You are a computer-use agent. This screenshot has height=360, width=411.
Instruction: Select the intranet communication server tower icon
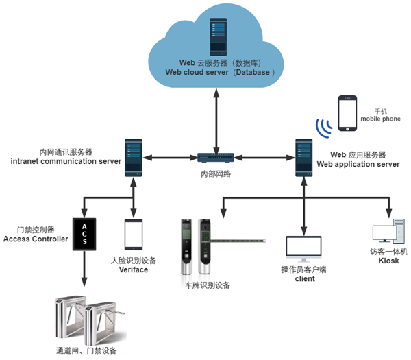[133, 158]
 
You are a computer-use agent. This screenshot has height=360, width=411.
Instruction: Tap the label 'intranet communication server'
[66, 161]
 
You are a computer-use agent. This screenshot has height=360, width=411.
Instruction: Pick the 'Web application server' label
[358, 165]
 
